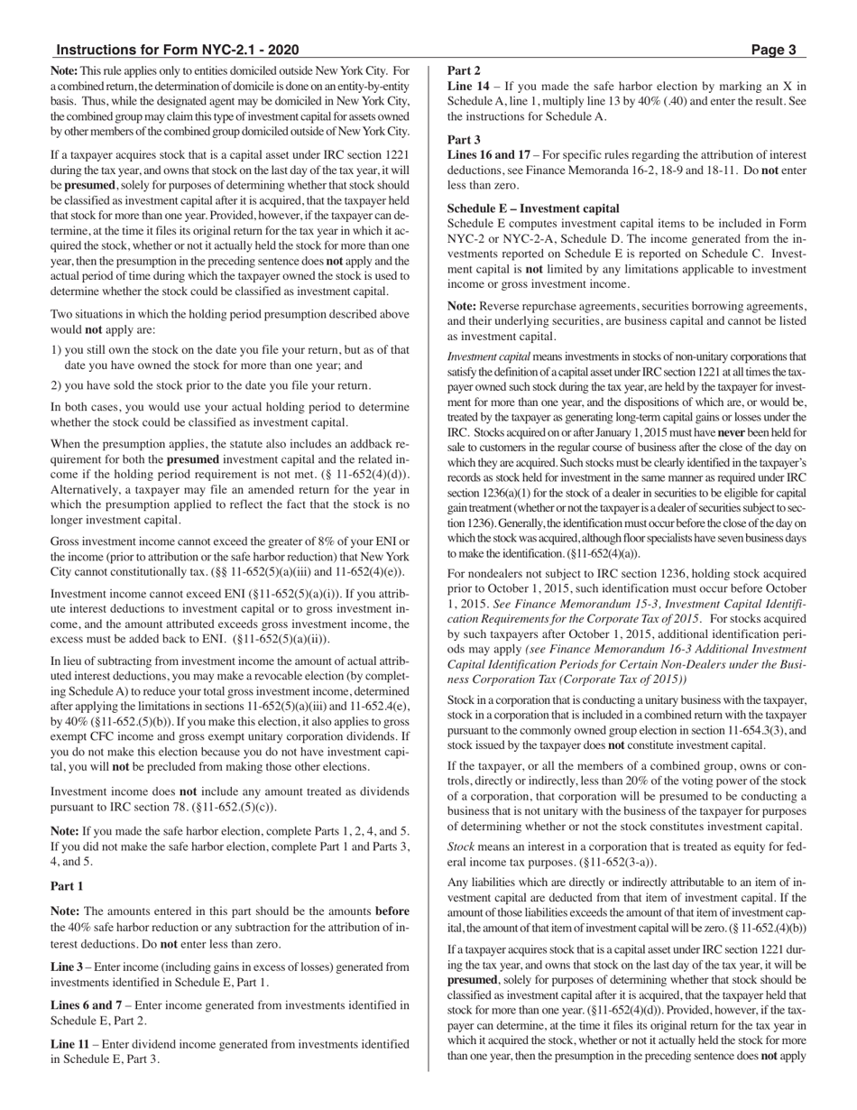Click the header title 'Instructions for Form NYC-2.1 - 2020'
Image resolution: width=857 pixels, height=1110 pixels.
coord(177,51)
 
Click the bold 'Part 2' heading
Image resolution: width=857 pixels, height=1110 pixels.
coord(464,70)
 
